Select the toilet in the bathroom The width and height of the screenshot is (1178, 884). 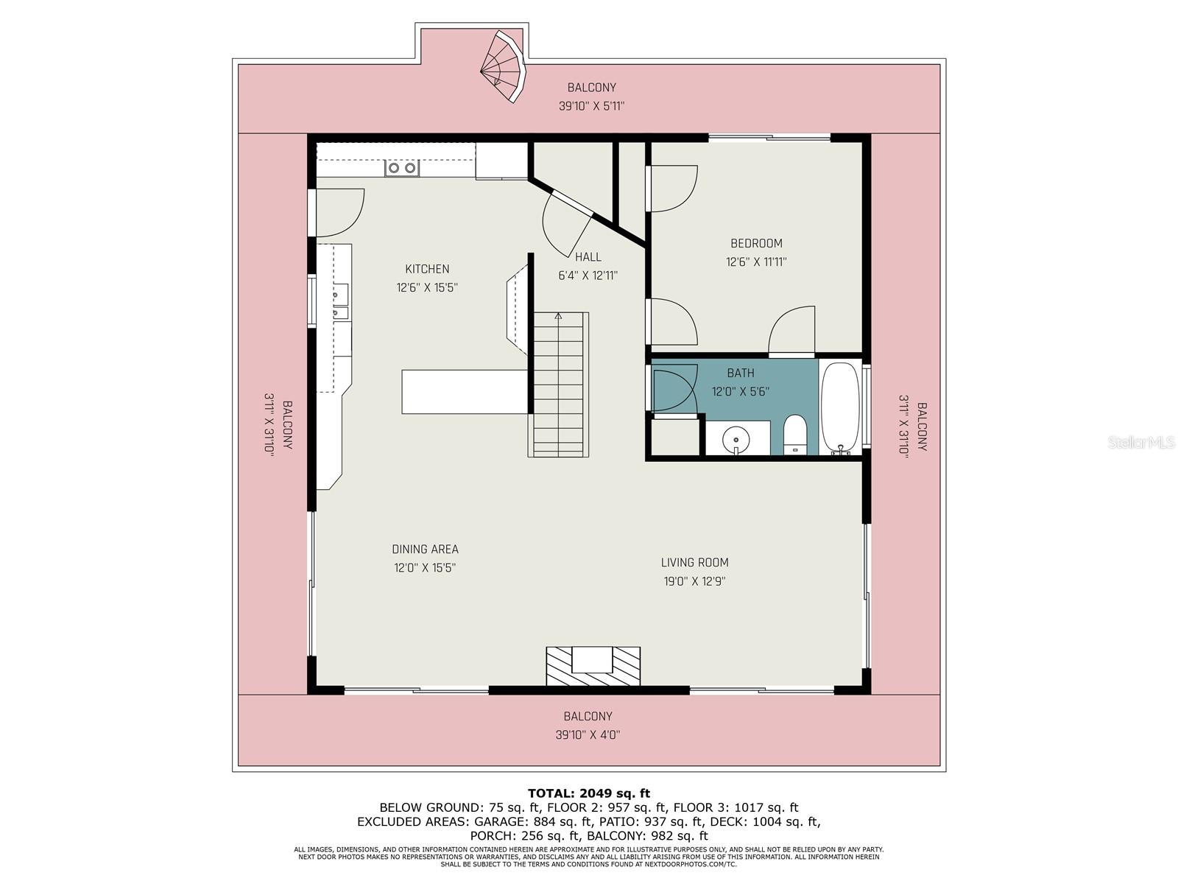[x=794, y=436]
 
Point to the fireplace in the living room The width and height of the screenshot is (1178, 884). [x=593, y=666]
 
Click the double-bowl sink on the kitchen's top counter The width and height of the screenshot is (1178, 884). [x=402, y=168]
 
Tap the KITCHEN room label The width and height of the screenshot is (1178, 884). [x=427, y=269]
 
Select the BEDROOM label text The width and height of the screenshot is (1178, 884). [x=756, y=243]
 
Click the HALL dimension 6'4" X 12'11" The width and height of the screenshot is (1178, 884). [x=588, y=276]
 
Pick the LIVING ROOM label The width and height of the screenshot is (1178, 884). [x=694, y=563]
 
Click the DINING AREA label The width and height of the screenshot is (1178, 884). [x=425, y=549]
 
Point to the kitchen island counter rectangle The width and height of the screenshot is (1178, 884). [x=465, y=392]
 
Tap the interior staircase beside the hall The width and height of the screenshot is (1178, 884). [x=558, y=385]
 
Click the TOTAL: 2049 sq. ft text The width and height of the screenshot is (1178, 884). [x=589, y=793]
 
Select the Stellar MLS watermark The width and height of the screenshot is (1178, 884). [x=1141, y=442]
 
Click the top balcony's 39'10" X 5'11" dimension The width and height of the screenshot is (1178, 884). [x=591, y=106]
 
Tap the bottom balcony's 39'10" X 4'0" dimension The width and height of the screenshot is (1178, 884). [x=588, y=734]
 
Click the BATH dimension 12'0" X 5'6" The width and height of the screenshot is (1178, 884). [x=741, y=391]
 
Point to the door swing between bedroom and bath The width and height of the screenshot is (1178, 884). [x=792, y=331]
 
